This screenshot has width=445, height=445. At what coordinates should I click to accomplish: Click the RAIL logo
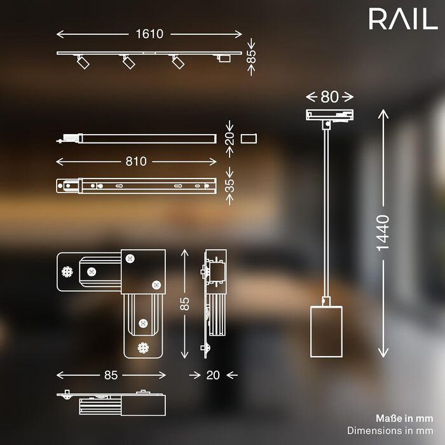[403, 18]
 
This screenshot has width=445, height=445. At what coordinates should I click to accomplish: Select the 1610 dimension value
[149, 34]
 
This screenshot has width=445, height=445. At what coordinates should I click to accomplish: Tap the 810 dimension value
[136, 161]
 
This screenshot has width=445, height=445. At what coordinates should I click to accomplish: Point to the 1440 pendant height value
[383, 233]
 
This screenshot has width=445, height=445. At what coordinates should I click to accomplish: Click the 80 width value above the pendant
[329, 97]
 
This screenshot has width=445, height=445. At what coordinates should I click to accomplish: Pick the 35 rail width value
[230, 186]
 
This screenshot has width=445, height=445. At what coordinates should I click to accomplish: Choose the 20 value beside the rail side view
[230, 139]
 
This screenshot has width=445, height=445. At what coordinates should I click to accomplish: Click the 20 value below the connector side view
[213, 375]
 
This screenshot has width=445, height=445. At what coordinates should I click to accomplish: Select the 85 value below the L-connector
[111, 375]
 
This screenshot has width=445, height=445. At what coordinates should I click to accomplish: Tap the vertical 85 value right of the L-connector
[184, 304]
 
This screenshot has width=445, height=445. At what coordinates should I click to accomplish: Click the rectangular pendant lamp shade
[326, 331]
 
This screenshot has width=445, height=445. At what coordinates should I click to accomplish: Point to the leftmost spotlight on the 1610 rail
[83, 62]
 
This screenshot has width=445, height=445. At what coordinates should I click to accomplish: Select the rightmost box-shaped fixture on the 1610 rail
[224, 58]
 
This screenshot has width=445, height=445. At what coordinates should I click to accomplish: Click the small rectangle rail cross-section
[249, 139]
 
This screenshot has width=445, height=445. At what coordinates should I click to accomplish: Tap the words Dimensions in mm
[390, 430]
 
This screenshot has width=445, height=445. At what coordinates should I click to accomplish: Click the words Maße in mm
[404, 418]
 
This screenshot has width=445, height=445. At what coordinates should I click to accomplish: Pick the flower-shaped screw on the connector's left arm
[67, 272]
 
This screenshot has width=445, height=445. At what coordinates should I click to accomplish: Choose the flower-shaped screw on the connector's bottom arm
[143, 348]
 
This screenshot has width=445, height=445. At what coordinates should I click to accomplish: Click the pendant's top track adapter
[329, 115]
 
